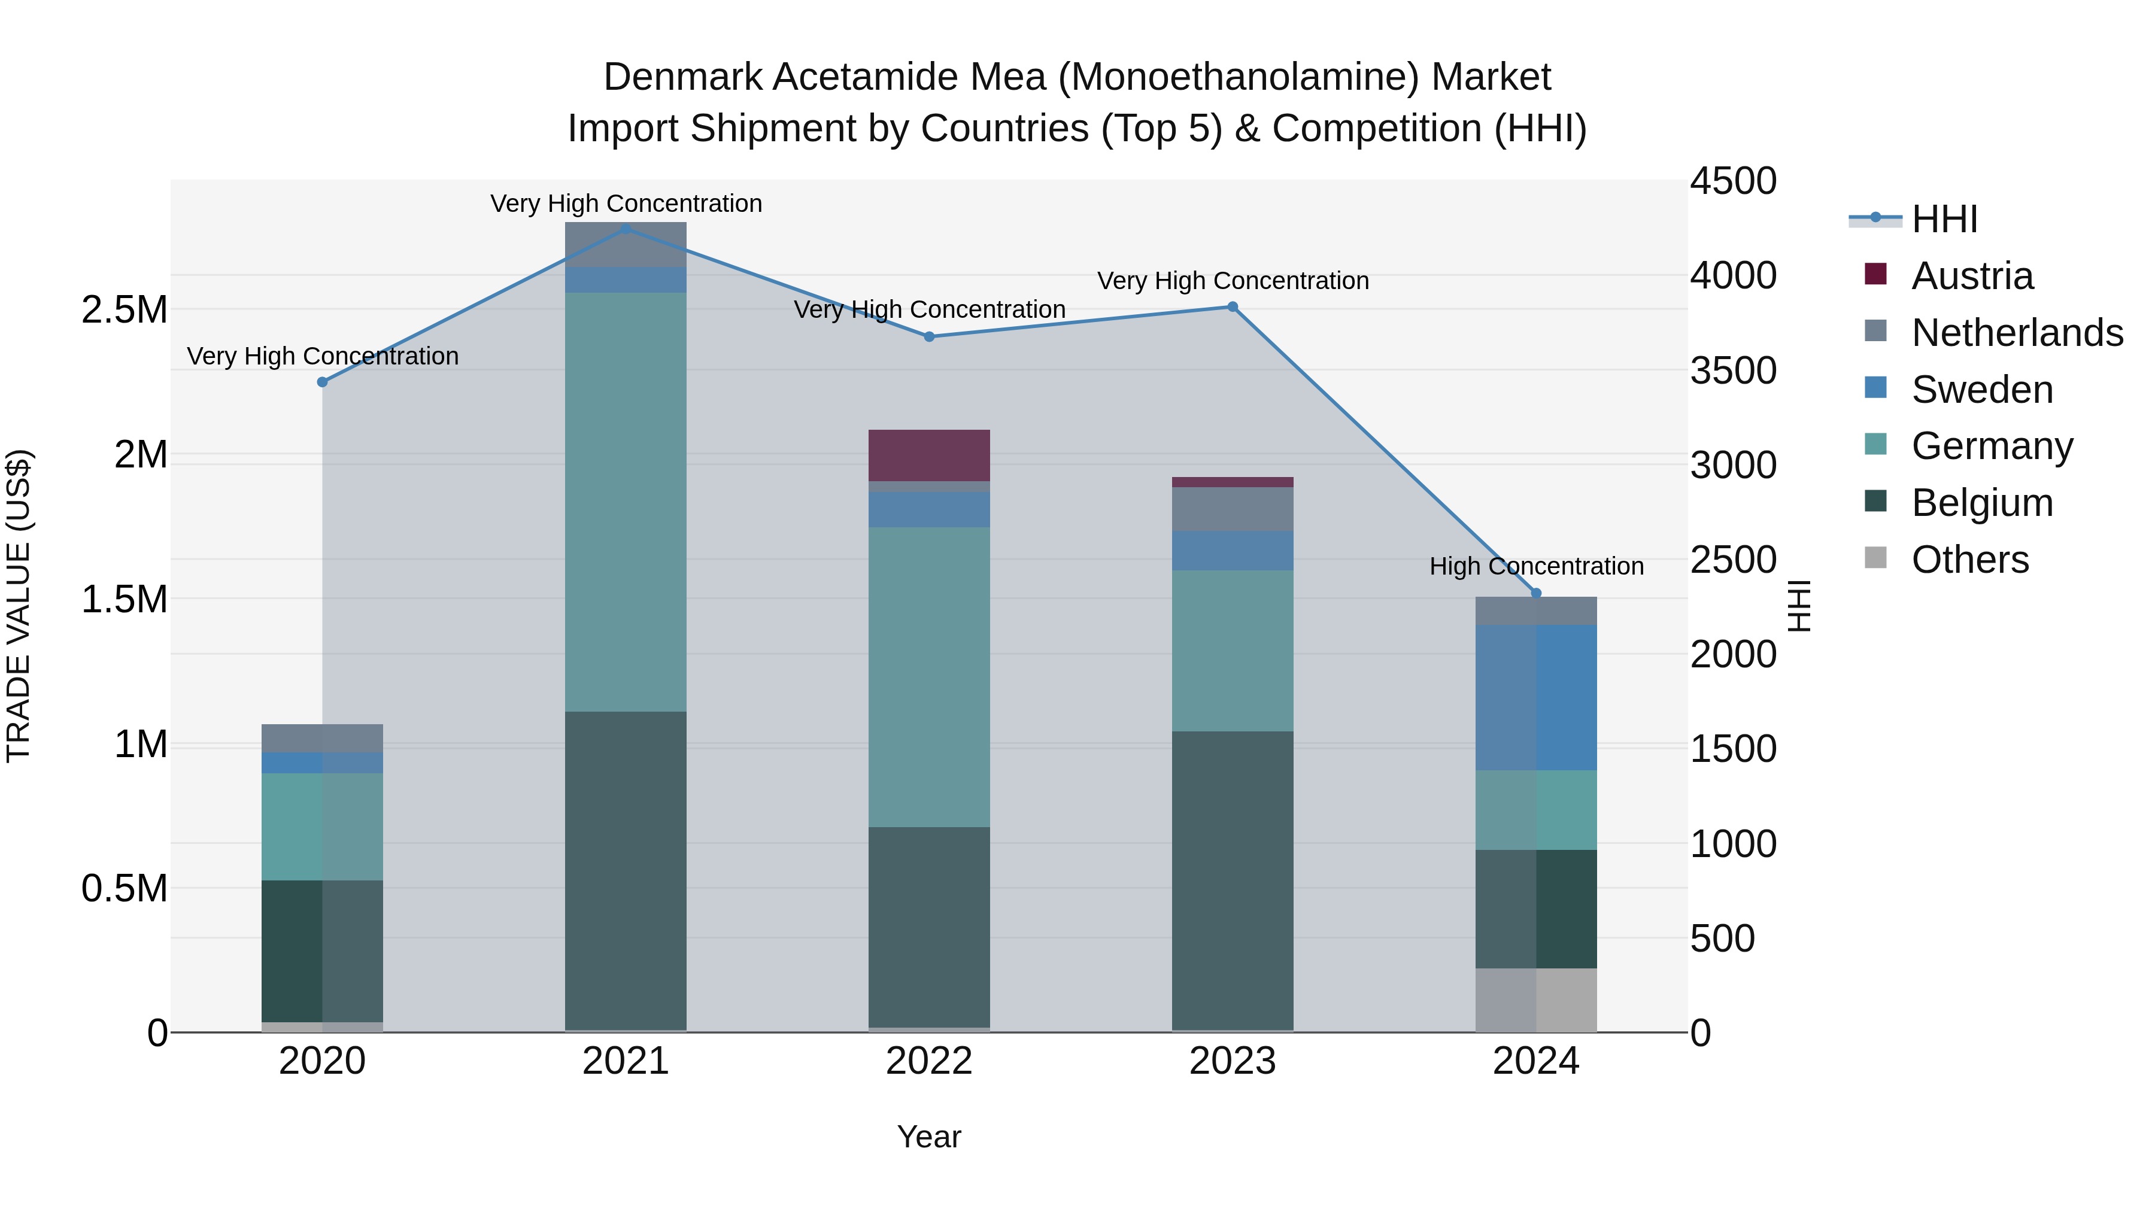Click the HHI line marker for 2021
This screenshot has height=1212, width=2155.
click(x=626, y=229)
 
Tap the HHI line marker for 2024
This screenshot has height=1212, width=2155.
click(x=1536, y=593)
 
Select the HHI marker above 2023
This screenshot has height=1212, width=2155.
click(x=1233, y=307)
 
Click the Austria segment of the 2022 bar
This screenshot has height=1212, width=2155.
click(x=928, y=455)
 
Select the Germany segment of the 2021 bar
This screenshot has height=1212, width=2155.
click(x=626, y=502)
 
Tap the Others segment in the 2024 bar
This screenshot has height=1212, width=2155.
click(x=1536, y=1000)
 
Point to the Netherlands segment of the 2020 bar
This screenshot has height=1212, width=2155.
click(x=322, y=738)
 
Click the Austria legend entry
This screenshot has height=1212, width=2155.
click(x=1972, y=276)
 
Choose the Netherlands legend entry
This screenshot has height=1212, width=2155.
click(x=2017, y=333)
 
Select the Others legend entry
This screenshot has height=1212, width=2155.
click(x=1969, y=560)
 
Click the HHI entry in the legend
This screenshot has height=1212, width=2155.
click(x=1944, y=219)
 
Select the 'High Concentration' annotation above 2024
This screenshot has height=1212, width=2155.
click(x=1536, y=566)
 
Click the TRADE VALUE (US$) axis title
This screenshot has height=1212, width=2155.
click(x=19, y=606)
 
